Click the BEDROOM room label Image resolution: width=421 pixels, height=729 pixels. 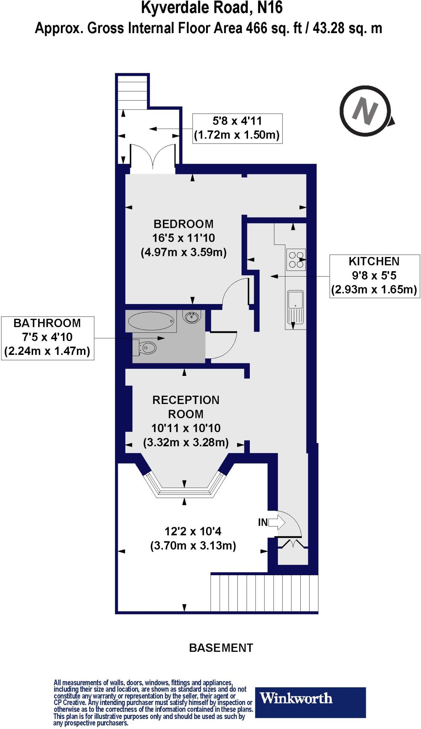click(x=183, y=224)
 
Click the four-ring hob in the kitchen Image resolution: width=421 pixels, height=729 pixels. click(x=296, y=259)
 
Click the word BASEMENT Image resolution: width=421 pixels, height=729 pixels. click(x=221, y=647)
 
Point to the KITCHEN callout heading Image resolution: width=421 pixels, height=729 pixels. click(x=374, y=261)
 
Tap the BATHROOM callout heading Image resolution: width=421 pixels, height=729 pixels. click(x=47, y=323)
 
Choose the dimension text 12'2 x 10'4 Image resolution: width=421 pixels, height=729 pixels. click(x=193, y=531)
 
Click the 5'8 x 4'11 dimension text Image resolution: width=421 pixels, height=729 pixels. click(x=237, y=121)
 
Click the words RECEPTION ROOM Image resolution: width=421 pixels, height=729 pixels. click(x=186, y=407)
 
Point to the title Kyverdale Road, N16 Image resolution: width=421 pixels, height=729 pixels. click(x=212, y=8)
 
